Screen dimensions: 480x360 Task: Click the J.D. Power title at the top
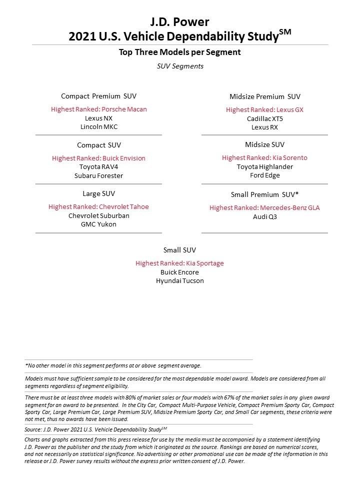pyautogui.click(x=179, y=21)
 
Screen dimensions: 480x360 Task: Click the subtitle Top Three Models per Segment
pyautogui.click(x=179, y=52)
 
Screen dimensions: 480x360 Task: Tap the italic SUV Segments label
pyautogui.click(x=179, y=66)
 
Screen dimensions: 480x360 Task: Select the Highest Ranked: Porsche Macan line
pyautogui.click(x=98, y=109)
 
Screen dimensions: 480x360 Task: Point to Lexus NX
pyautogui.click(x=98, y=118)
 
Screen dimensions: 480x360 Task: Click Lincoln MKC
pyautogui.click(x=98, y=127)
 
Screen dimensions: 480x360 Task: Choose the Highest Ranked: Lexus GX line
pyautogui.click(x=264, y=109)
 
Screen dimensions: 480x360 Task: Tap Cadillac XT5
pyautogui.click(x=264, y=118)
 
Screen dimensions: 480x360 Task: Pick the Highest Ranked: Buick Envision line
pyautogui.click(x=98, y=158)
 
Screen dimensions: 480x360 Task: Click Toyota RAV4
pyautogui.click(x=98, y=167)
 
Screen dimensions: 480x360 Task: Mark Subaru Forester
pyautogui.click(x=98, y=176)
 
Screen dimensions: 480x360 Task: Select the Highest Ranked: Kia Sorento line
pyautogui.click(x=264, y=157)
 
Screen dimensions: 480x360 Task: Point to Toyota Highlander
pyautogui.click(x=264, y=166)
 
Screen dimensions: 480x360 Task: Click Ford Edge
pyautogui.click(x=264, y=175)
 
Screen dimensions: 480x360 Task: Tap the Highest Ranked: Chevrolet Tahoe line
pyautogui.click(x=98, y=206)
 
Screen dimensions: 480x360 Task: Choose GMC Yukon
pyautogui.click(x=98, y=224)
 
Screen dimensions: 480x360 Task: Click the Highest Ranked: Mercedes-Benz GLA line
pyautogui.click(x=264, y=207)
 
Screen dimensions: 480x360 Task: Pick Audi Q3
pyautogui.click(x=264, y=216)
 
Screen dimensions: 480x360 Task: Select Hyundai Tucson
pyautogui.click(x=179, y=281)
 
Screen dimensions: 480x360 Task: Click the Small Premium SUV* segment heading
pyautogui.click(x=264, y=194)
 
